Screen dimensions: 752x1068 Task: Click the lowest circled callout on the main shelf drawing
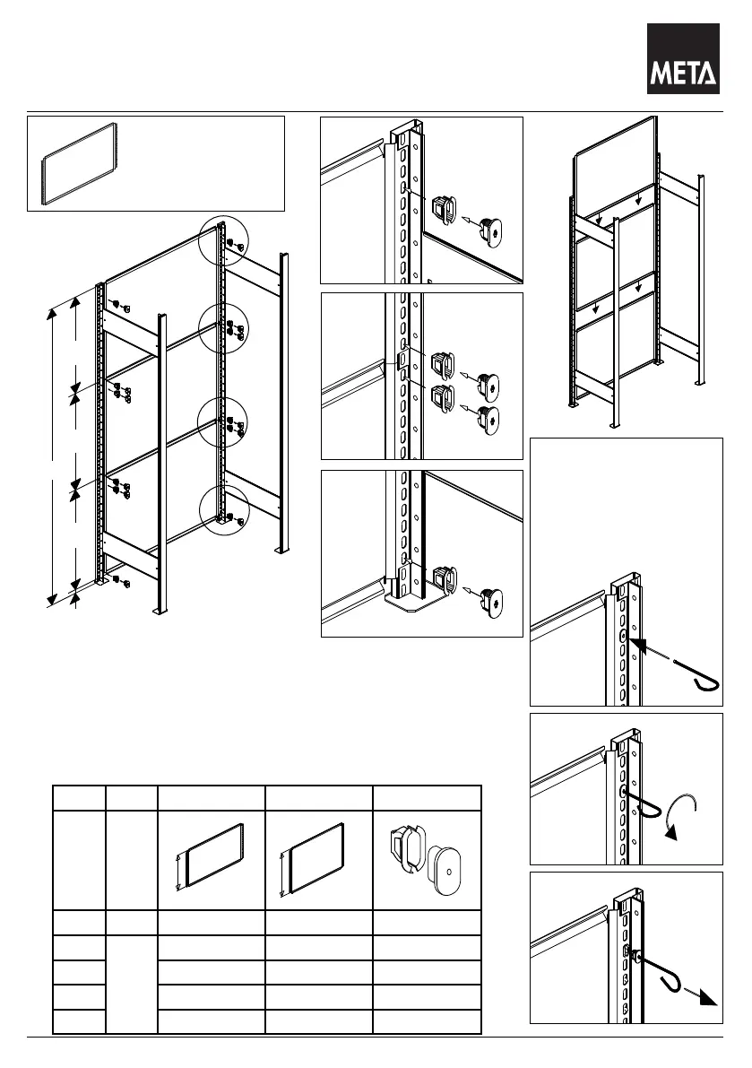click(223, 511)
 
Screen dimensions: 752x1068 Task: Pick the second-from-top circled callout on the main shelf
click(224, 327)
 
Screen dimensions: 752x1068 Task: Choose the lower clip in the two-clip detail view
click(443, 398)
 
